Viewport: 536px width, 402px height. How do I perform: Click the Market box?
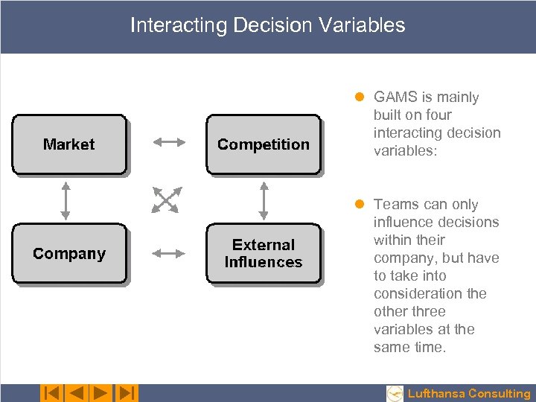pyautogui.click(x=69, y=144)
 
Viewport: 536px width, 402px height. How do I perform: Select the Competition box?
pyautogui.click(x=263, y=144)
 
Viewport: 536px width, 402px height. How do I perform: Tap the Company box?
pyautogui.click(x=69, y=254)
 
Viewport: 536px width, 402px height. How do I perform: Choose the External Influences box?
pyautogui.click(x=263, y=254)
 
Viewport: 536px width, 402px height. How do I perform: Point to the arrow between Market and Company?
pyautogui.click(x=66, y=200)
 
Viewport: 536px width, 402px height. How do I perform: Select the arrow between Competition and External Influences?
pyautogui.click(x=264, y=200)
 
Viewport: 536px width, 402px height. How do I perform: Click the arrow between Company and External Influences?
pyautogui.click(x=168, y=254)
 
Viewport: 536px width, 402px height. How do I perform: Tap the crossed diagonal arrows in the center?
pyautogui.click(x=166, y=200)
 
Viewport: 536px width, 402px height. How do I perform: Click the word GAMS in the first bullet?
pyautogui.click(x=395, y=98)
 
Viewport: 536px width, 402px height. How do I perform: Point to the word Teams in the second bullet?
pyautogui.click(x=395, y=205)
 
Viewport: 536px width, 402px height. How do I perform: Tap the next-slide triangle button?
pyautogui.click(x=101, y=393)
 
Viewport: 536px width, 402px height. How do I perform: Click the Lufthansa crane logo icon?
pyautogui.click(x=395, y=393)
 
